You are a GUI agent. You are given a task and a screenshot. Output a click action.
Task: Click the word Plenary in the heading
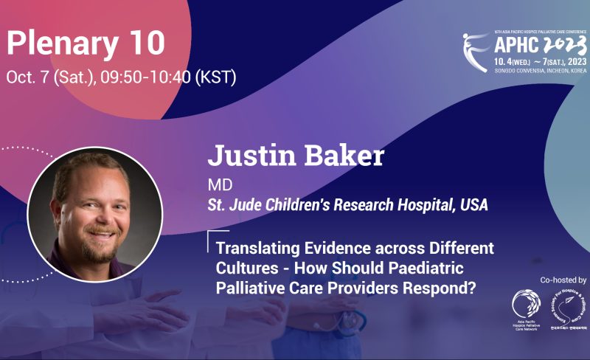click(x=60, y=44)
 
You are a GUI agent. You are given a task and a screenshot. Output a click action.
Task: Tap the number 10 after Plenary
click(x=143, y=44)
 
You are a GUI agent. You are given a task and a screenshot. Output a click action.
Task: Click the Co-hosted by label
click(x=563, y=280)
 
